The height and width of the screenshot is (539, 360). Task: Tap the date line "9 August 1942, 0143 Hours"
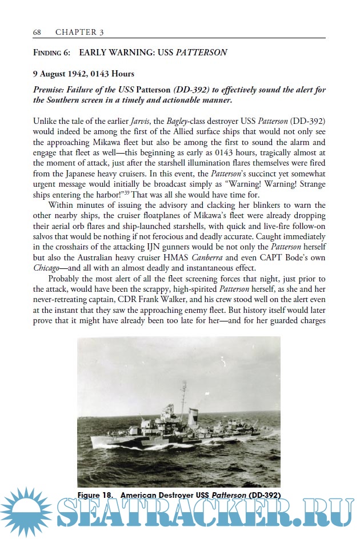[84, 74]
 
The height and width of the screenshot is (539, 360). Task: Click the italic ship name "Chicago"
[47, 268]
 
